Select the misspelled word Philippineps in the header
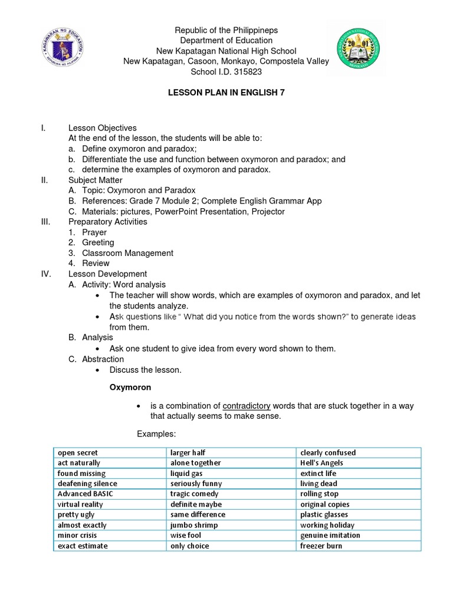click(254, 29)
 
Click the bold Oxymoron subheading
click(130, 388)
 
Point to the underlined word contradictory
click(247, 406)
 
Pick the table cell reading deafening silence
click(87, 484)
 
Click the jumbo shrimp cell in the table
click(194, 525)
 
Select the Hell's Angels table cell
click(321, 463)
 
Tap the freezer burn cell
click(321, 546)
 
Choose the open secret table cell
click(78, 452)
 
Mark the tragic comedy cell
click(194, 494)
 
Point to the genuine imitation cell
click(330, 535)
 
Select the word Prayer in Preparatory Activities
click(94, 232)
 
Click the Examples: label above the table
click(156, 434)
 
